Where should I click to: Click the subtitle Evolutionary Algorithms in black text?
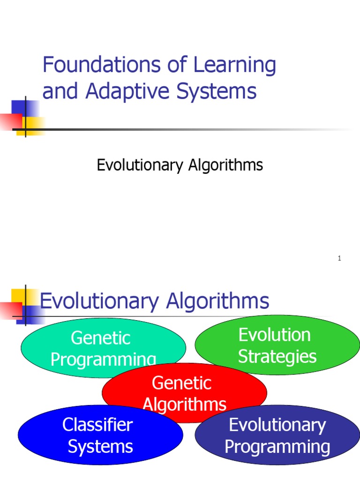[x=180, y=165]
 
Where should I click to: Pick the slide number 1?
[x=339, y=259]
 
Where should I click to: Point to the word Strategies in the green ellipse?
[x=277, y=357]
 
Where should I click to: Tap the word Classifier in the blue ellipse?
[x=97, y=425]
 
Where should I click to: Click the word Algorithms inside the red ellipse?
[x=184, y=404]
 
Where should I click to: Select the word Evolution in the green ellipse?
[x=274, y=335]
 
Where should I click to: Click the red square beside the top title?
[x=10, y=120]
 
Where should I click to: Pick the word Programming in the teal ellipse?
[x=103, y=360]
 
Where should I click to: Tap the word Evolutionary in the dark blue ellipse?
[x=277, y=425]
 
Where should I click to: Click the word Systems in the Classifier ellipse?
[x=100, y=446]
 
